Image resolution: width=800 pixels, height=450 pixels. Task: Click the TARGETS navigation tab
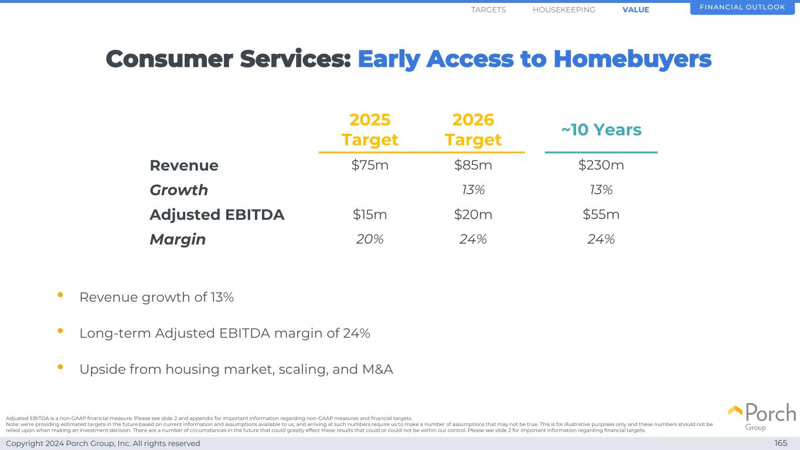click(488, 10)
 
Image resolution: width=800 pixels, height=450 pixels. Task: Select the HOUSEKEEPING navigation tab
click(564, 10)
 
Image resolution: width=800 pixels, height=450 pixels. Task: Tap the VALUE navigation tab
click(636, 10)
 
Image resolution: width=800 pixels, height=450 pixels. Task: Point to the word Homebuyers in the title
click(632, 59)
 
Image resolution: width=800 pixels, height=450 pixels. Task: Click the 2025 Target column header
click(370, 129)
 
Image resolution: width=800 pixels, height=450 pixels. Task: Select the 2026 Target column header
click(473, 129)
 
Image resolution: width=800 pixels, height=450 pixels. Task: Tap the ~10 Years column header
click(601, 129)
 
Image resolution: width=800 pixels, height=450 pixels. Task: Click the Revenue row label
click(184, 166)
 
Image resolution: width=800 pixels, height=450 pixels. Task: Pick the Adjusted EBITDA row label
click(217, 215)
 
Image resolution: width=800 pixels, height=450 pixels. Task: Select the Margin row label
click(178, 240)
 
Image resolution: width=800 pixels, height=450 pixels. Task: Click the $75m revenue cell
click(370, 166)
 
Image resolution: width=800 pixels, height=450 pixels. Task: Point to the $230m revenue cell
click(601, 166)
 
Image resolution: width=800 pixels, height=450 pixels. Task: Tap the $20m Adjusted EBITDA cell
click(473, 215)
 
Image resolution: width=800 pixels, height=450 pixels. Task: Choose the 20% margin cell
click(370, 239)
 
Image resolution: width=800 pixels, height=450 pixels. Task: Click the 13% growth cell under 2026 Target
click(473, 190)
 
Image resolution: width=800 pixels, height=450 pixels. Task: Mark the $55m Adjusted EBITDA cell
click(601, 215)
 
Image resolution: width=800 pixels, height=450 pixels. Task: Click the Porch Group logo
click(762, 415)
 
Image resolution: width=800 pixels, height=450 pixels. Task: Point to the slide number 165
click(781, 444)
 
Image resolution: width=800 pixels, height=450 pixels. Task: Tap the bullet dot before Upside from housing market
click(60, 367)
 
